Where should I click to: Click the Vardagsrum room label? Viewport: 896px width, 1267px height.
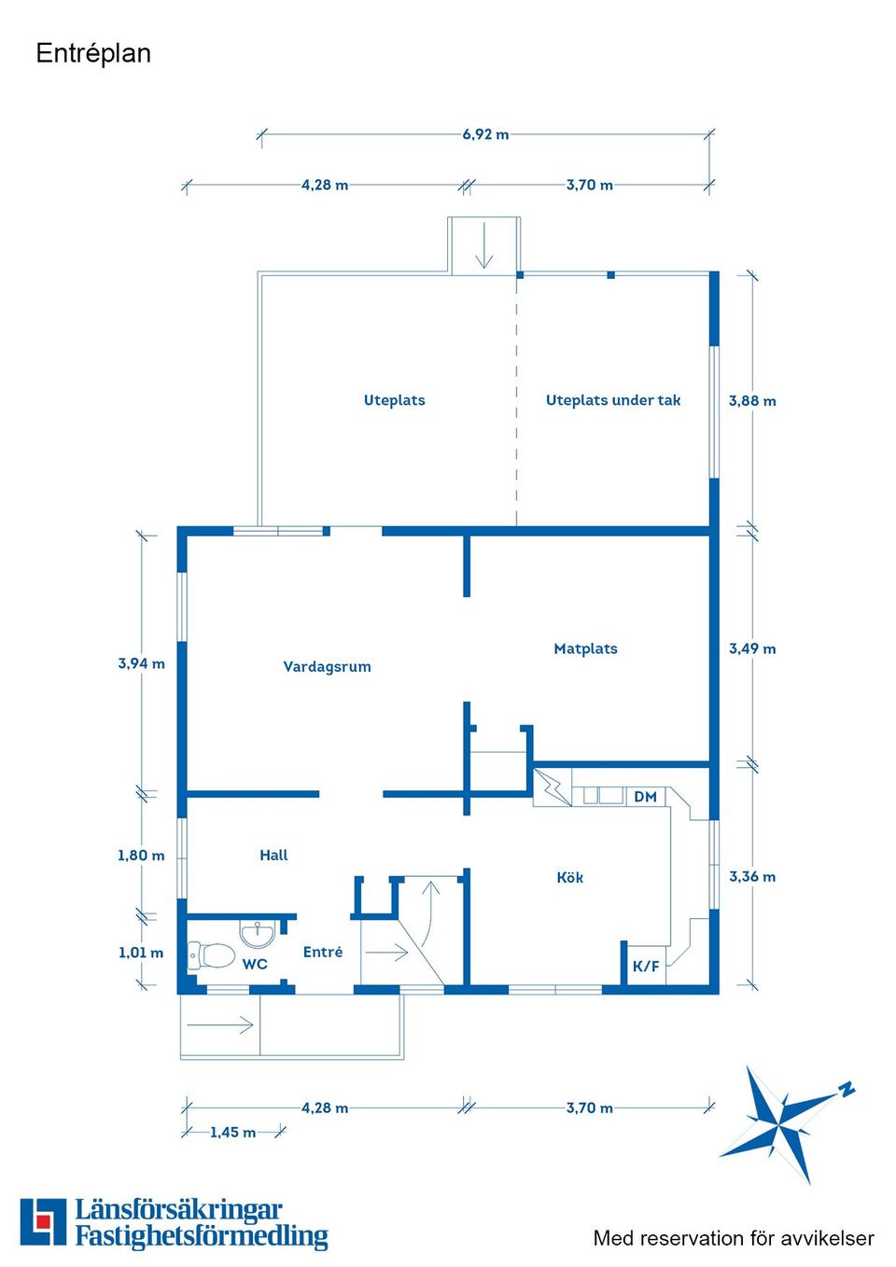pos(327,666)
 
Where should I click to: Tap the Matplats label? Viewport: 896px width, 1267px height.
pos(585,648)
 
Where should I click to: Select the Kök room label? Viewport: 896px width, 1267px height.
pos(569,877)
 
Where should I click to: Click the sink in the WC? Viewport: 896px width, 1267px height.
pos(257,932)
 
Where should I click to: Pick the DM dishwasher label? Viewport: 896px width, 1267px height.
pos(645,797)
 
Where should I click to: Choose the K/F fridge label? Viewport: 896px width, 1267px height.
pos(646,966)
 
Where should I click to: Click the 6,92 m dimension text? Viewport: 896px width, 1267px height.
pos(485,134)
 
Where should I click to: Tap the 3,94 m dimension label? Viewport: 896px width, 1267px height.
pos(141,663)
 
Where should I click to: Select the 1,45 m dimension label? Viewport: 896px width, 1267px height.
pos(232,1132)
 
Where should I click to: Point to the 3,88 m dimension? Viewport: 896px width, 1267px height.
pos(752,400)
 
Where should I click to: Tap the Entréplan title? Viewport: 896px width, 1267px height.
pos(93,53)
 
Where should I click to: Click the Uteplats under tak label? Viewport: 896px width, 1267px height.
pos(613,400)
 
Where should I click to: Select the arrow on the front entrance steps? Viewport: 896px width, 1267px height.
pos(220,1025)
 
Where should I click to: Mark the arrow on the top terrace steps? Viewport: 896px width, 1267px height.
pos(483,247)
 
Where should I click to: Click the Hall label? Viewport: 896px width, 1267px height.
pos(273,855)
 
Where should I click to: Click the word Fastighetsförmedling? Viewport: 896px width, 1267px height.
pos(202,1236)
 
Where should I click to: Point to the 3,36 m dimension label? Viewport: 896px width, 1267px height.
pos(752,876)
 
